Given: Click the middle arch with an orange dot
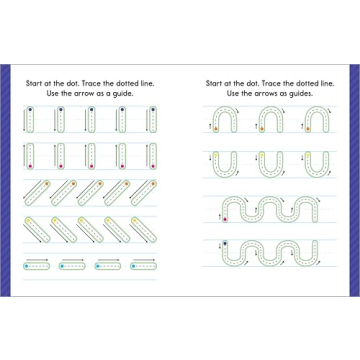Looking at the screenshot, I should point(272,121).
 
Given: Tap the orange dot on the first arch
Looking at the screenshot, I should point(219,128).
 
